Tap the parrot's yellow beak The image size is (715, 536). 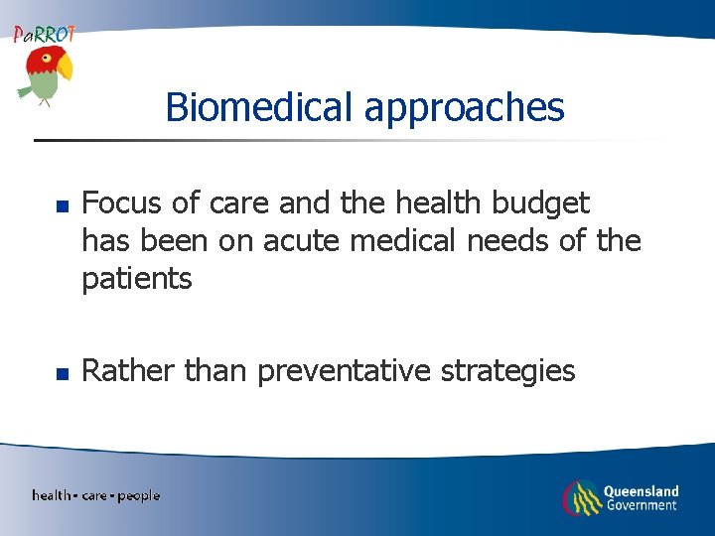pos(66,67)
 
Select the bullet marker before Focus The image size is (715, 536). pos(61,206)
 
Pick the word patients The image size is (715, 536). pos(137,279)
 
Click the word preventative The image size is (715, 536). pos(345,372)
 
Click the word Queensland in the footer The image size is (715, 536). pos(642,490)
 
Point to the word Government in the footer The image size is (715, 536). pos(641,505)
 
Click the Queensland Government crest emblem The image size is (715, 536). pos(581,498)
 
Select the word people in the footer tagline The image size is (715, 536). pos(138,495)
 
